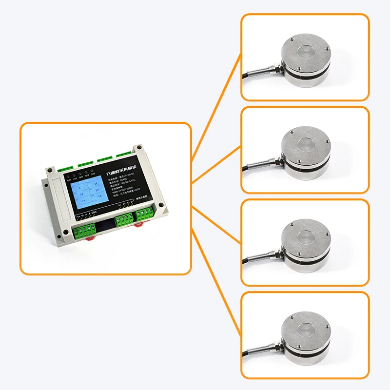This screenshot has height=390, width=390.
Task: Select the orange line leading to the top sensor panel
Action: [x=216, y=107]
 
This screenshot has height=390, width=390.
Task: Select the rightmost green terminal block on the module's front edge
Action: [x=145, y=214]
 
